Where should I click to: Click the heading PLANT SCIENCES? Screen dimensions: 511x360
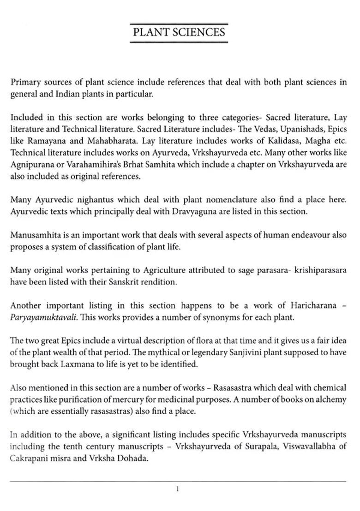179,32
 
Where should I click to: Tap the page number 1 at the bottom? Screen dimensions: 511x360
178,489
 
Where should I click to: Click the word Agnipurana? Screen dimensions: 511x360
30,165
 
